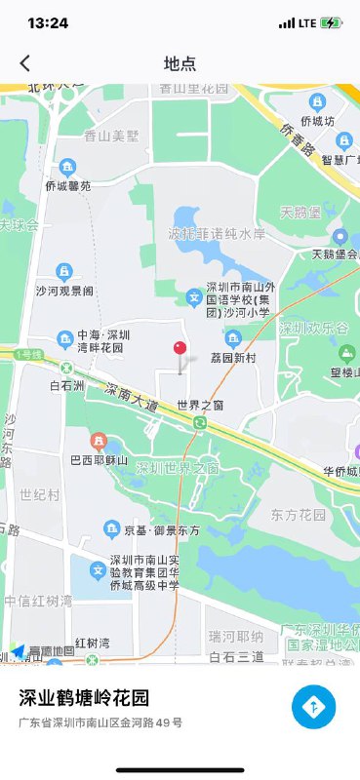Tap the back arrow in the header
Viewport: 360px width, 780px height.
point(25,63)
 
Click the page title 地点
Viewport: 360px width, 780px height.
point(180,63)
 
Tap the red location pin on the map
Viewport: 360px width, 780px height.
point(180,349)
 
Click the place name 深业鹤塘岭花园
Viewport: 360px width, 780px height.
point(85,698)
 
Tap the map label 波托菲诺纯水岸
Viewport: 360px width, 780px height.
point(217,234)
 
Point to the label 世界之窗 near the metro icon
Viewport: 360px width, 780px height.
point(200,404)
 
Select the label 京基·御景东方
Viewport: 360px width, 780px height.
point(162,529)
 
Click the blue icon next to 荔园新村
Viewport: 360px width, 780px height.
point(232,338)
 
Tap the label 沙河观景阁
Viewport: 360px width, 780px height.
point(64,291)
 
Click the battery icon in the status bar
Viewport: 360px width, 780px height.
point(333,22)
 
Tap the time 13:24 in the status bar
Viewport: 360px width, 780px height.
point(48,22)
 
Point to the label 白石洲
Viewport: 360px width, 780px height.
point(67,386)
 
